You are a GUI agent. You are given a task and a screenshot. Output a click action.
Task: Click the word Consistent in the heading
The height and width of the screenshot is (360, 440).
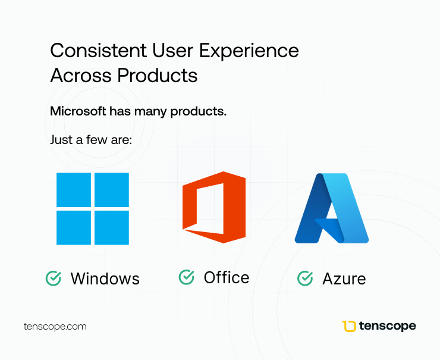click(x=99, y=51)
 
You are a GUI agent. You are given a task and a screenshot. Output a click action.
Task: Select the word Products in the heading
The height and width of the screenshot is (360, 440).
click(x=158, y=75)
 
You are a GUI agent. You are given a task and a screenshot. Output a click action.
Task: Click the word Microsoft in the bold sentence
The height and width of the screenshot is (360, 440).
click(x=78, y=111)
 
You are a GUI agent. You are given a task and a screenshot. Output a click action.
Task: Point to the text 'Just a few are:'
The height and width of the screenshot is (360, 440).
click(x=91, y=140)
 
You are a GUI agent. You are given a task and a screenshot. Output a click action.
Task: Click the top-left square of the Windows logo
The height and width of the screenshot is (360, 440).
click(x=74, y=190)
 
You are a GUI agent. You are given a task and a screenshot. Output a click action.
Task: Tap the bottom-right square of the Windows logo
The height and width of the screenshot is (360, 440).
click(x=112, y=228)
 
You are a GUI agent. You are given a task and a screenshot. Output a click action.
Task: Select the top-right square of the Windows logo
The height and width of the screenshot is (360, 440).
click(x=112, y=190)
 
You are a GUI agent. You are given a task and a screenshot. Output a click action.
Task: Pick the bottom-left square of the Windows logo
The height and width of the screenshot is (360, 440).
click(x=74, y=228)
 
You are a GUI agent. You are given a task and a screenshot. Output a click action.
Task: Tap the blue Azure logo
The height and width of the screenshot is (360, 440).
click(x=332, y=208)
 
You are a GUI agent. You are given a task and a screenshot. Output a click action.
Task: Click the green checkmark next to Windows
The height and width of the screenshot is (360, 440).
click(x=54, y=278)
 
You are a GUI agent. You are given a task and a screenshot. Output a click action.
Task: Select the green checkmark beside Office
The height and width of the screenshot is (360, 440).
click(x=186, y=277)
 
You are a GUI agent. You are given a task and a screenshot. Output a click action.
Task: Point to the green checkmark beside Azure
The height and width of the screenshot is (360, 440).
click(x=305, y=278)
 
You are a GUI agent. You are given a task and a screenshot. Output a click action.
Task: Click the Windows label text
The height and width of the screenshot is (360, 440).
click(x=105, y=279)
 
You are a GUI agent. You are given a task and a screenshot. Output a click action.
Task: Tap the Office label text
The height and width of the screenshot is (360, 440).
click(x=227, y=277)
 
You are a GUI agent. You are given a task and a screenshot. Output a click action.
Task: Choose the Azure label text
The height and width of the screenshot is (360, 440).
click(x=344, y=279)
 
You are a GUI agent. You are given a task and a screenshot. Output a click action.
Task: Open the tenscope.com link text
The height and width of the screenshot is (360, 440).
click(x=55, y=327)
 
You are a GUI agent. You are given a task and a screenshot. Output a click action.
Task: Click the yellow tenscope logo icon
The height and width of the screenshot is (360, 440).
click(x=349, y=326)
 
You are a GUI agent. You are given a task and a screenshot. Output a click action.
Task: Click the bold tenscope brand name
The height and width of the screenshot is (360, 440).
click(x=388, y=326)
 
